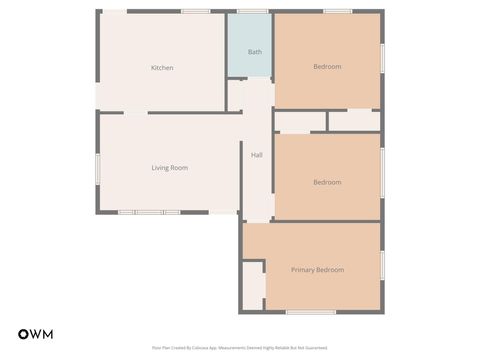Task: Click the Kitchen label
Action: click(x=162, y=68)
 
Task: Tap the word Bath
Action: click(x=254, y=51)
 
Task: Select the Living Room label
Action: click(x=169, y=168)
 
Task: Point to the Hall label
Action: click(x=257, y=155)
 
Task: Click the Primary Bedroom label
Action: click(x=317, y=270)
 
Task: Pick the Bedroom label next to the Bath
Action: click(x=327, y=67)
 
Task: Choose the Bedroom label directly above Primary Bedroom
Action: click(x=327, y=182)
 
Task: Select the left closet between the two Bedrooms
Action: click(x=299, y=121)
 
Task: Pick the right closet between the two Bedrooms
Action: click(x=354, y=121)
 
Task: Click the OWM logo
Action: click(x=35, y=334)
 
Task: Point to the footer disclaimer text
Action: click(x=240, y=348)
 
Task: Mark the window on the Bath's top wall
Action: click(x=252, y=11)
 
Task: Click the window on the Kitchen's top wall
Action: click(x=195, y=11)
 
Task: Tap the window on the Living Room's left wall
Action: click(x=98, y=167)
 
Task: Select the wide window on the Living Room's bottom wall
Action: click(x=149, y=212)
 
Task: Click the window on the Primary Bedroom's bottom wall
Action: click(x=311, y=312)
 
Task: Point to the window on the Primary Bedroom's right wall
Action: click(x=382, y=266)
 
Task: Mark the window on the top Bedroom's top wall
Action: click(x=338, y=11)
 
